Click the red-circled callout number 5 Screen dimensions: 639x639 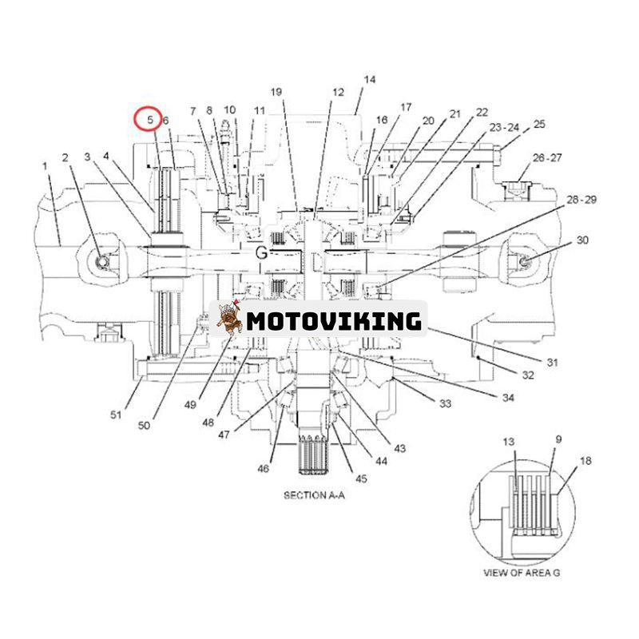coord(149,119)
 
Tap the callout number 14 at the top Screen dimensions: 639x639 coord(368,80)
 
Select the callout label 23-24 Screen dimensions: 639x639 coord(504,127)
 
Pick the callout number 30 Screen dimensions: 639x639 coord(581,240)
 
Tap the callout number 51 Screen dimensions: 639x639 coord(117,414)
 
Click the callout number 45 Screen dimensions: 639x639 coord(361,478)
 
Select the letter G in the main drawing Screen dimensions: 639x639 coord(261,252)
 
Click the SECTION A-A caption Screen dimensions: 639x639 coord(315,495)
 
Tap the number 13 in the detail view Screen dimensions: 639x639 coord(510,442)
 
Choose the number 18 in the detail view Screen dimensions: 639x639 coord(585,462)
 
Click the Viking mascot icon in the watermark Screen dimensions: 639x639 coord(229,319)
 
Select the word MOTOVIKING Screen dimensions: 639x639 coord(333,321)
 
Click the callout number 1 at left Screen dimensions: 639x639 coord(46,165)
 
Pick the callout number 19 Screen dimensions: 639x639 coord(276,93)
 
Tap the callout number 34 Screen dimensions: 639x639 coord(509,397)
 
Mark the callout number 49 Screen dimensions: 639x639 coord(189,404)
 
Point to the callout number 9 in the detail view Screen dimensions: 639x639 coord(558,439)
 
